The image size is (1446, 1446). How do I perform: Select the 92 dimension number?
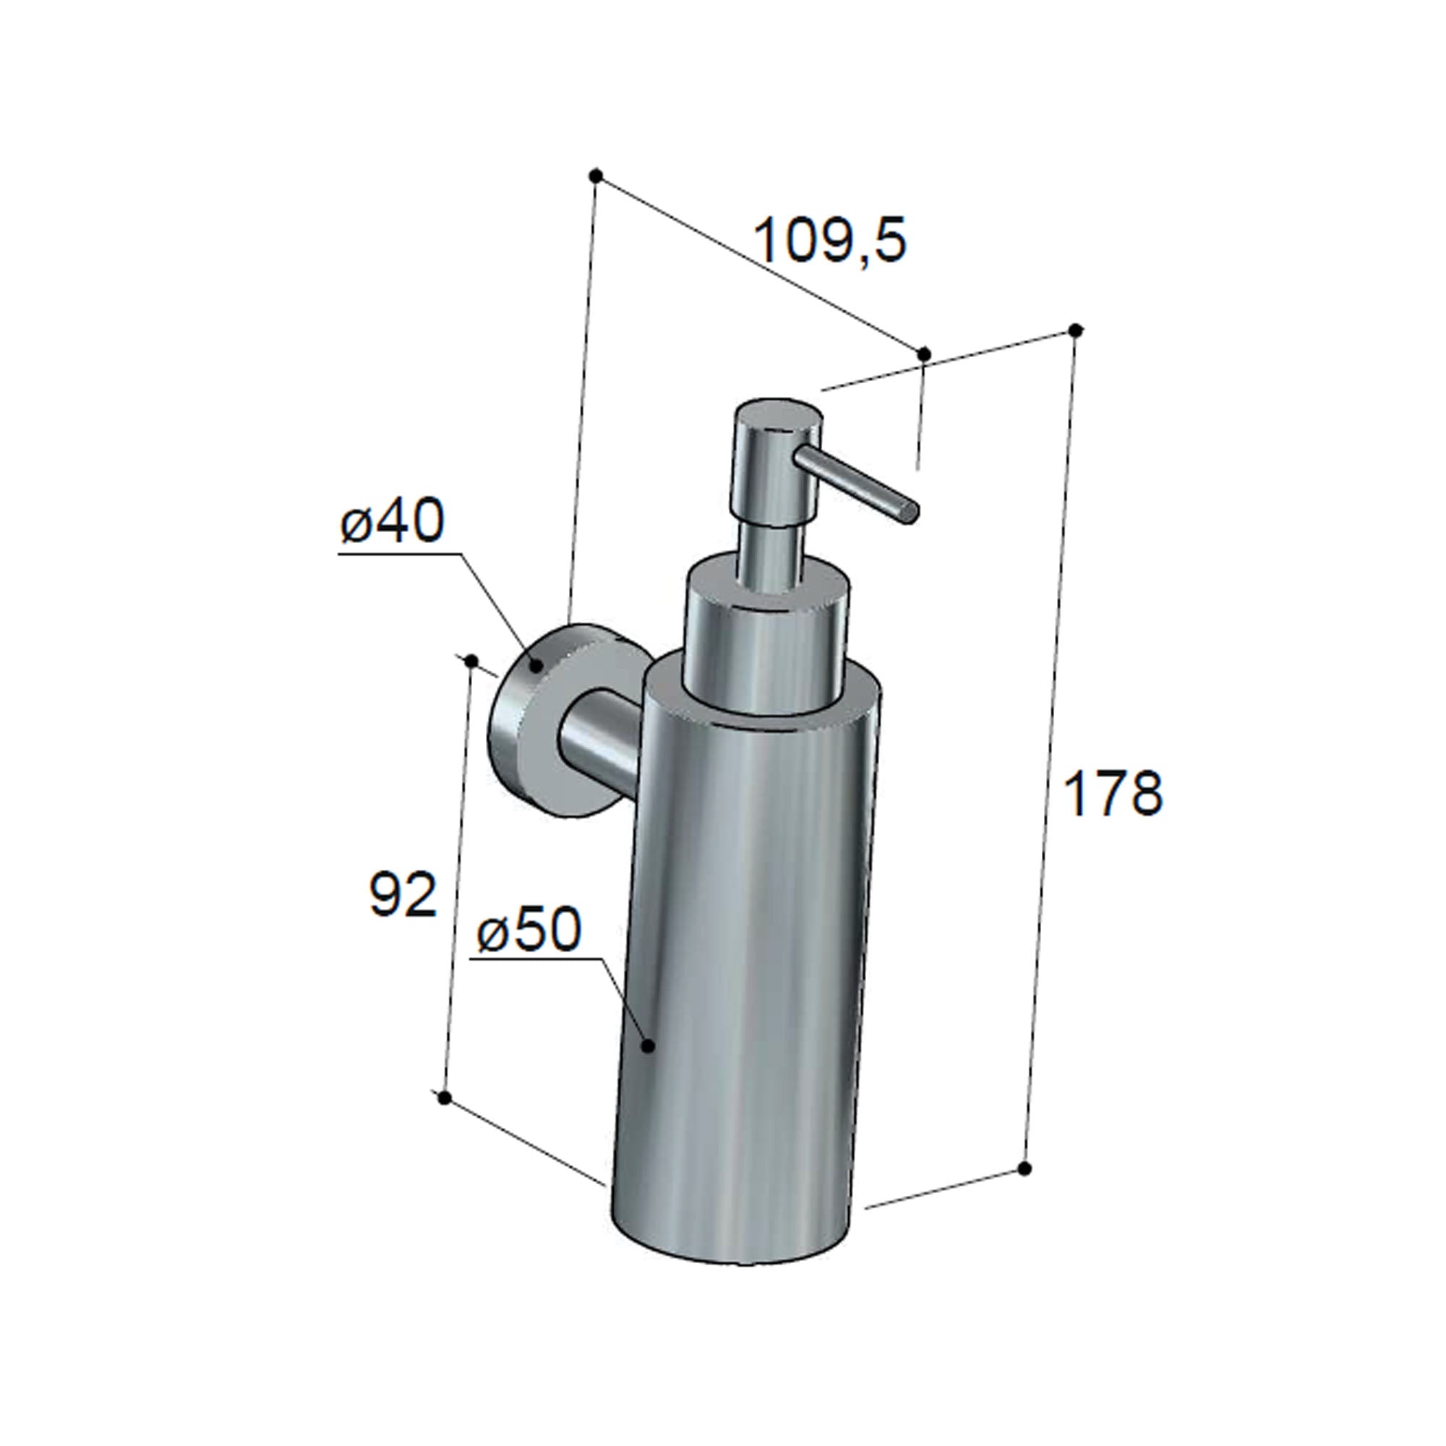point(403,894)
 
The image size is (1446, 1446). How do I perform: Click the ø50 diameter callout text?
point(529,931)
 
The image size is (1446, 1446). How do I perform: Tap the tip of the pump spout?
point(910,513)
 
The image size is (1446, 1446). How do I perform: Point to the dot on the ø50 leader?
point(649,1045)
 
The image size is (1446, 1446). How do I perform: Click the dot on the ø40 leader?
point(536,664)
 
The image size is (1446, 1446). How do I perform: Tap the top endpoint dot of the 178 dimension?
point(1076,330)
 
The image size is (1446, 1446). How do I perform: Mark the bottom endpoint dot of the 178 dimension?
point(1025,1189)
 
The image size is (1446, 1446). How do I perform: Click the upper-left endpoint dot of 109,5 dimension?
point(596,176)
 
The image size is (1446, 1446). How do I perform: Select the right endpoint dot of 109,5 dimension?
point(923,354)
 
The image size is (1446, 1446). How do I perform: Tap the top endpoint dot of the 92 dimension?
point(471,659)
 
